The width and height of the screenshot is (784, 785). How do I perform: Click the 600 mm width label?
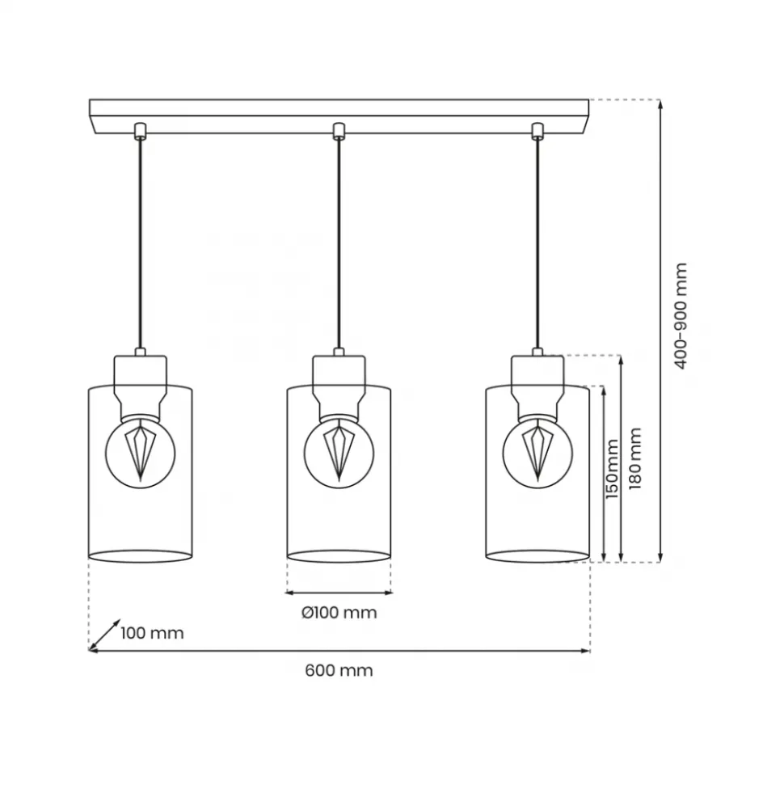pyautogui.click(x=339, y=670)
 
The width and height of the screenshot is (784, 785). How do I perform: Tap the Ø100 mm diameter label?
pyautogui.click(x=339, y=612)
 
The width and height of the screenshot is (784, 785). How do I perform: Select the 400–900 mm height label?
pyautogui.click(x=681, y=316)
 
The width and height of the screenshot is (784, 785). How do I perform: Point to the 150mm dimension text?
pyautogui.click(x=612, y=469)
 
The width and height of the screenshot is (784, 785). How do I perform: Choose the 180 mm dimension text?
pyautogui.click(x=634, y=458)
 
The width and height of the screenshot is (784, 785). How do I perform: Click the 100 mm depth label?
pyautogui.click(x=152, y=633)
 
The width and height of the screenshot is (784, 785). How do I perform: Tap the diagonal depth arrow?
pyautogui.click(x=104, y=635)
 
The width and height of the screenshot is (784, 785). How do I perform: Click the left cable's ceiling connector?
pyautogui.click(x=140, y=131)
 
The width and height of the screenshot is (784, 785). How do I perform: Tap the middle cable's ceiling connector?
pyautogui.click(x=339, y=131)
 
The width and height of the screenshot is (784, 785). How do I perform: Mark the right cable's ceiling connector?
pyautogui.click(x=537, y=131)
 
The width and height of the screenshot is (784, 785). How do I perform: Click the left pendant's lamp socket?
pyautogui.click(x=140, y=386)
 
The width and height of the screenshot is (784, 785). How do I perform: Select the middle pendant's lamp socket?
pyautogui.click(x=339, y=386)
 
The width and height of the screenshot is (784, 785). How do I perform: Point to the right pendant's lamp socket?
pyautogui.click(x=537, y=386)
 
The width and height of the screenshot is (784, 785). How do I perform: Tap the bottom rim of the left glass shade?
pyautogui.click(x=140, y=562)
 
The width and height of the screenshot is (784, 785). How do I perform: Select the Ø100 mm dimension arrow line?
pyautogui.click(x=339, y=593)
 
